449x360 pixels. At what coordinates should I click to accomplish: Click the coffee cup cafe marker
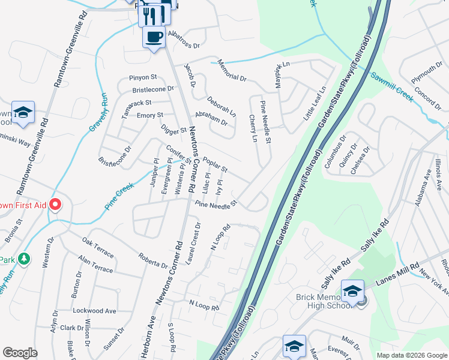(x=153, y=37)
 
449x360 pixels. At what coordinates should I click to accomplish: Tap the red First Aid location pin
(x=55, y=205)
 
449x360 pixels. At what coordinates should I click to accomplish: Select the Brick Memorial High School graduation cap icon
(x=352, y=292)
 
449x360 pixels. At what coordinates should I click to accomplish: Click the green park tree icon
(x=23, y=259)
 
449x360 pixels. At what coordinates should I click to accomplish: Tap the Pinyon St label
(x=143, y=77)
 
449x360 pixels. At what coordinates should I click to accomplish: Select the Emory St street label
(x=150, y=115)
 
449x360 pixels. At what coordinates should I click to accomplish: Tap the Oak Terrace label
(x=98, y=248)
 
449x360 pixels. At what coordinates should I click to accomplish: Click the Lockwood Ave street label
(x=94, y=311)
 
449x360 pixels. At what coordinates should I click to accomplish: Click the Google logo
(x=20, y=353)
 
